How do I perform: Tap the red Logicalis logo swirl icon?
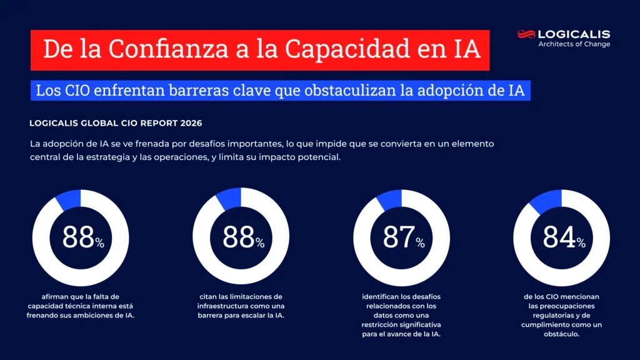pos(526,34)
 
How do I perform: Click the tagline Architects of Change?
pos(574,44)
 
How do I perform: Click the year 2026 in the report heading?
pos(188,123)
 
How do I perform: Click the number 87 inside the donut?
pos(398,238)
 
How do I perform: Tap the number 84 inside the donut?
pos(558,238)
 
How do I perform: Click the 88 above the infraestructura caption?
pos(238,238)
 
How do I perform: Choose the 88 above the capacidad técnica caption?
pos(78,238)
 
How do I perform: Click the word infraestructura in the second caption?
pos(223,306)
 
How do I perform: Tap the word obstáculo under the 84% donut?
pos(561,334)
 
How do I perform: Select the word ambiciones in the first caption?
pos(97,315)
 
